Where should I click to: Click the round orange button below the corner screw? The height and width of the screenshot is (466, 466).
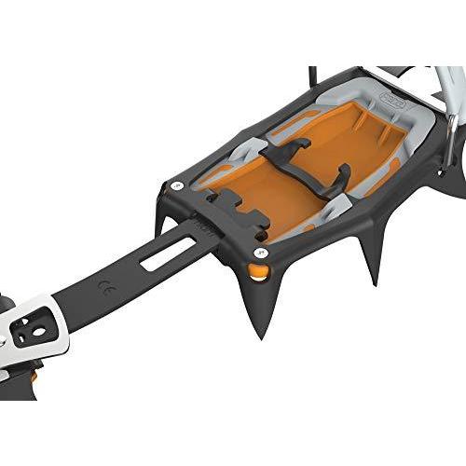(258, 272)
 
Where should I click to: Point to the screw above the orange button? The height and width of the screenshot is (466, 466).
(260, 251)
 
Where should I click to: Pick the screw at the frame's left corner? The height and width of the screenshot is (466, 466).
(176, 186)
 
